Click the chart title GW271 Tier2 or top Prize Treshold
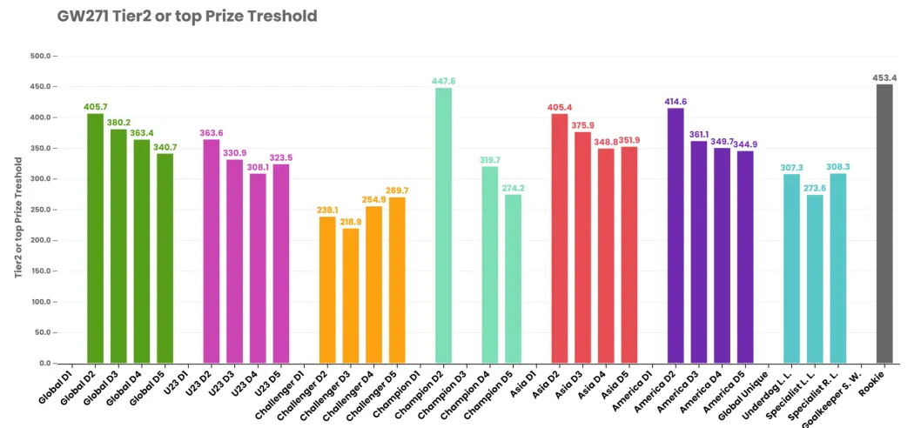click(x=187, y=17)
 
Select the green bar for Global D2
click(x=95, y=238)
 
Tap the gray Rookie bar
click(x=884, y=224)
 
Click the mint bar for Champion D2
click(x=444, y=225)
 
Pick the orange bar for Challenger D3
click(x=351, y=296)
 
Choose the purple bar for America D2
click(x=675, y=236)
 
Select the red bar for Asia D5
click(x=629, y=255)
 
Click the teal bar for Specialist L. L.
click(x=815, y=279)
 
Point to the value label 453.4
click(x=884, y=78)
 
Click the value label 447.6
click(x=444, y=82)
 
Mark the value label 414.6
click(x=675, y=102)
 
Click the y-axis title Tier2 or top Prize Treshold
click(x=18, y=217)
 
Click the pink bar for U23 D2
click(x=212, y=251)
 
